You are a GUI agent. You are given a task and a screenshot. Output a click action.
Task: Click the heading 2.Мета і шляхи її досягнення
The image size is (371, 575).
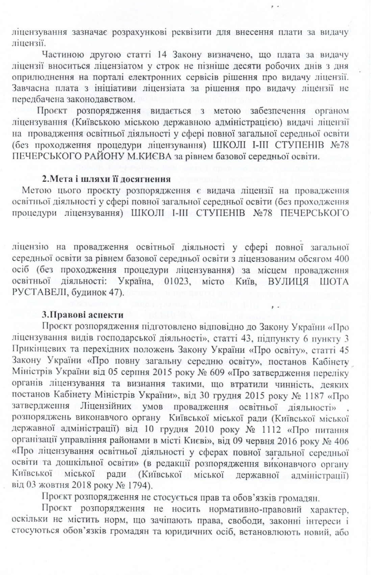(105, 178)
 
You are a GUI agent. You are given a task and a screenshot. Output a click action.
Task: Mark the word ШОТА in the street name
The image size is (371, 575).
(333, 281)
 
